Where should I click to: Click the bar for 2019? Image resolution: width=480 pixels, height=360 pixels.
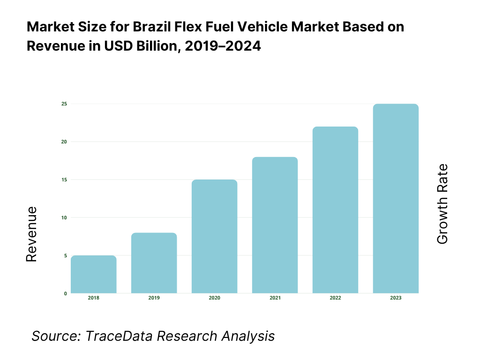point(154,263)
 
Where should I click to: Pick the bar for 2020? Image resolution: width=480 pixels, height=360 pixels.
point(214,236)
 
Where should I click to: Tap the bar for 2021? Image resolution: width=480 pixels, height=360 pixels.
point(275,225)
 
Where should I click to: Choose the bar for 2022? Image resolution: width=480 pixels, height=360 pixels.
point(335,210)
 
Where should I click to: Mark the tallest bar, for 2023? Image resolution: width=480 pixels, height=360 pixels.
point(396,198)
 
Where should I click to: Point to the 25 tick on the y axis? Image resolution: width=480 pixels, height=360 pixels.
point(64,104)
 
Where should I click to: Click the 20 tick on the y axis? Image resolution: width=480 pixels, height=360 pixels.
point(64,142)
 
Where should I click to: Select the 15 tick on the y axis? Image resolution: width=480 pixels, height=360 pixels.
point(64,180)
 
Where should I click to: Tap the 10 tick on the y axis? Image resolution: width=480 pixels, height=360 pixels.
point(64,217)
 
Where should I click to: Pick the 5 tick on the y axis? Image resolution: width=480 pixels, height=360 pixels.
point(65,255)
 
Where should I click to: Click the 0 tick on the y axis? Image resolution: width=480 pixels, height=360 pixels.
point(65,293)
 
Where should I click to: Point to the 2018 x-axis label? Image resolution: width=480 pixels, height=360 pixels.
point(94,298)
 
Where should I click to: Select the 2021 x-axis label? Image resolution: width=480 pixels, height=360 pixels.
point(275,298)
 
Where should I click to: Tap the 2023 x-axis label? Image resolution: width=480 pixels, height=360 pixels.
point(396,298)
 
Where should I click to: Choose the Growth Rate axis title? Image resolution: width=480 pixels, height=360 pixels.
point(442,204)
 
